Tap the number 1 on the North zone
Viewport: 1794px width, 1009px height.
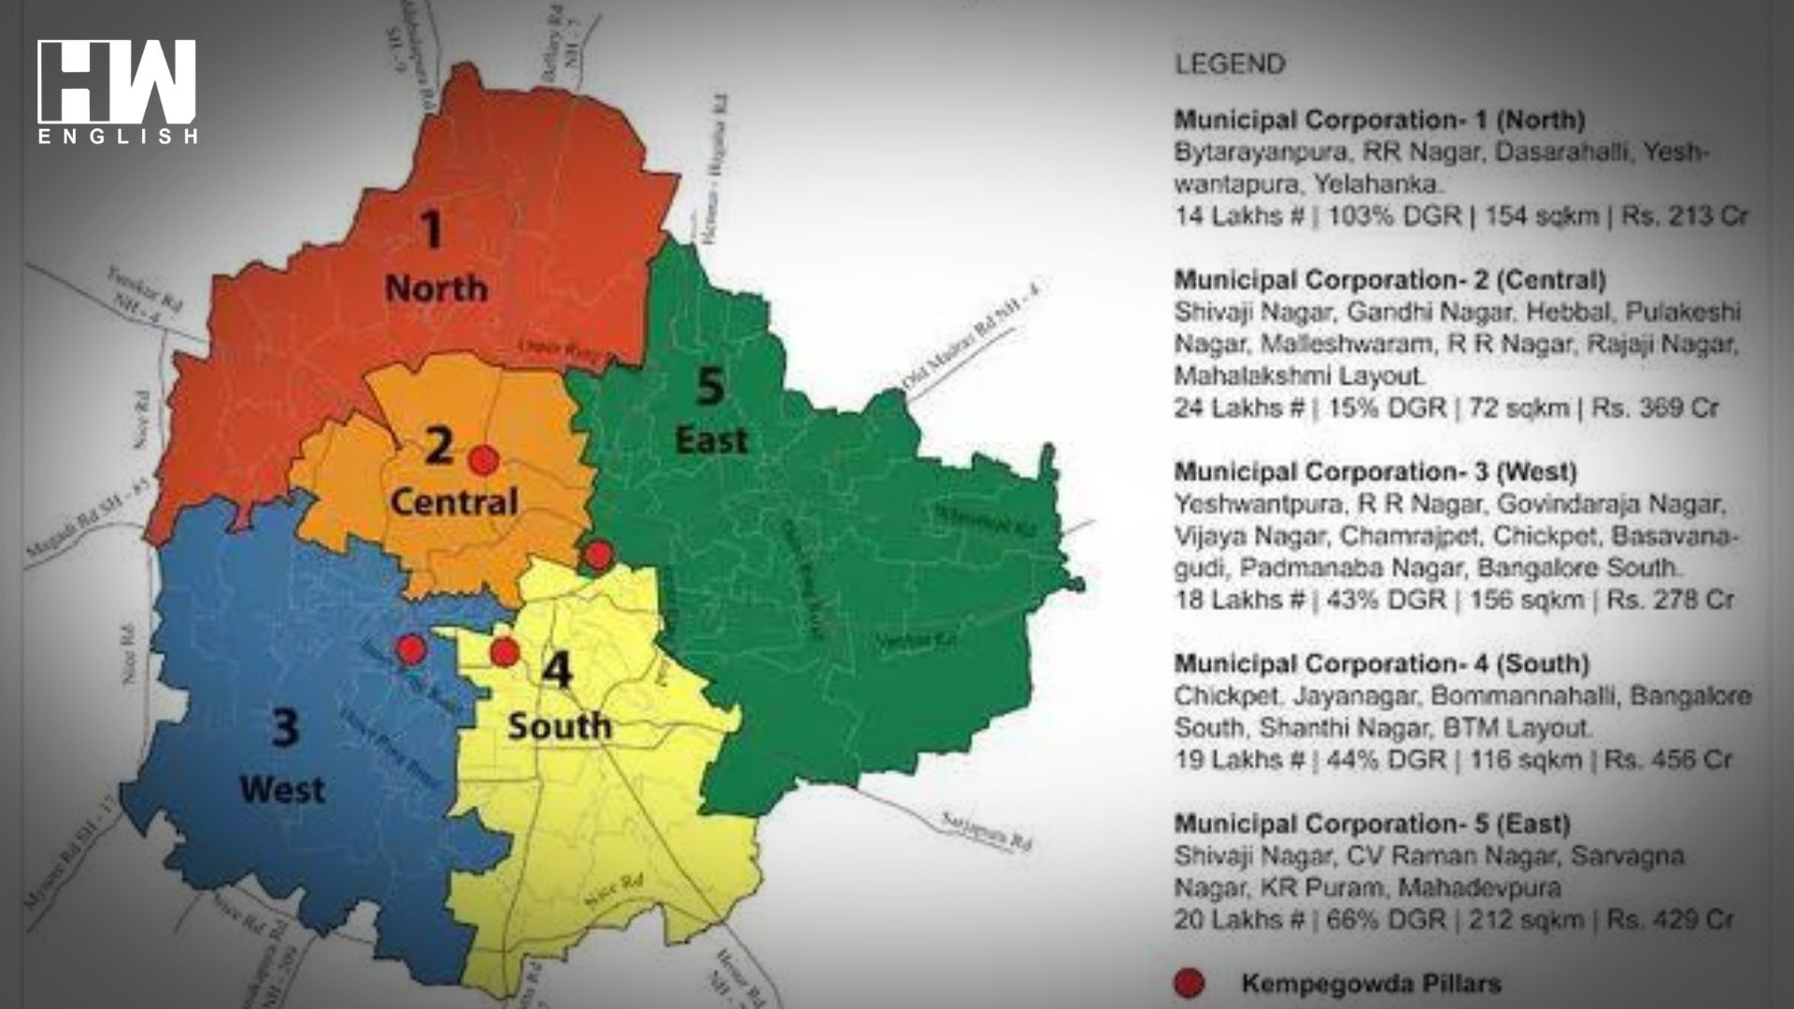click(432, 230)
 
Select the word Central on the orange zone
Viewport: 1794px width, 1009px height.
click(454, 502)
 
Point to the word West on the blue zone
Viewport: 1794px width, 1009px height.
click(282, 789)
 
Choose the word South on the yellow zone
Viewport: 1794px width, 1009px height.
click(559, 726)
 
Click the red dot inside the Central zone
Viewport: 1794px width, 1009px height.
click(482, 460)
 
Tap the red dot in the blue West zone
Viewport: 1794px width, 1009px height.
click(410, 648)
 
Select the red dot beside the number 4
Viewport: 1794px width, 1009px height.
click(505, 652)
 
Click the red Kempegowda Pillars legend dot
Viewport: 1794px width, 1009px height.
click(1189, 983)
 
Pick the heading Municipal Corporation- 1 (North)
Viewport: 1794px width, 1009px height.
click(1379, 120)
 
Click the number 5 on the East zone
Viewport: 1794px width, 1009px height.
click(710, 385)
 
